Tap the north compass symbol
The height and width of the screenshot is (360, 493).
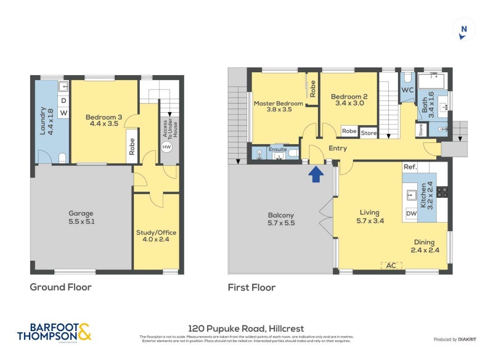[x=463, y=30]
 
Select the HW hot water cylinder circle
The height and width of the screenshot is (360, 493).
[x=166, y=147]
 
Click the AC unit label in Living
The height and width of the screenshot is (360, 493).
[x=389, y=266]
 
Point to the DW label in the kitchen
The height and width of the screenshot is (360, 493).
[x=411, y=214]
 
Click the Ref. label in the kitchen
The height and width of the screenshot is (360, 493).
[x=410, y=167]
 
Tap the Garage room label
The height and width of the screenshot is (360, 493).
[x=81, y=218]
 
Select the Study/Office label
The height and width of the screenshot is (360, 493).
[x=156, y=237]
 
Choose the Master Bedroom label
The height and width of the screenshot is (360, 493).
[x=279, y=107]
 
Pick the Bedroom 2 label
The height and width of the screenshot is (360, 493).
[x=349, y=100]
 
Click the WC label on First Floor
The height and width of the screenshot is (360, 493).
[x=407, y=90]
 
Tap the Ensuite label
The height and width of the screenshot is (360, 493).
[x=277, y=149]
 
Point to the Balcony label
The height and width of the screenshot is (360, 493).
[x=280, y=219]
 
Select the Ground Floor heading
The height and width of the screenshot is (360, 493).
[x=61, y=287]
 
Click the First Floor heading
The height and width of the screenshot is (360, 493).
[x=251, y=287]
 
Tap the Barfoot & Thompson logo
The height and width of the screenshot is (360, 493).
[x=54, y=331]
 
